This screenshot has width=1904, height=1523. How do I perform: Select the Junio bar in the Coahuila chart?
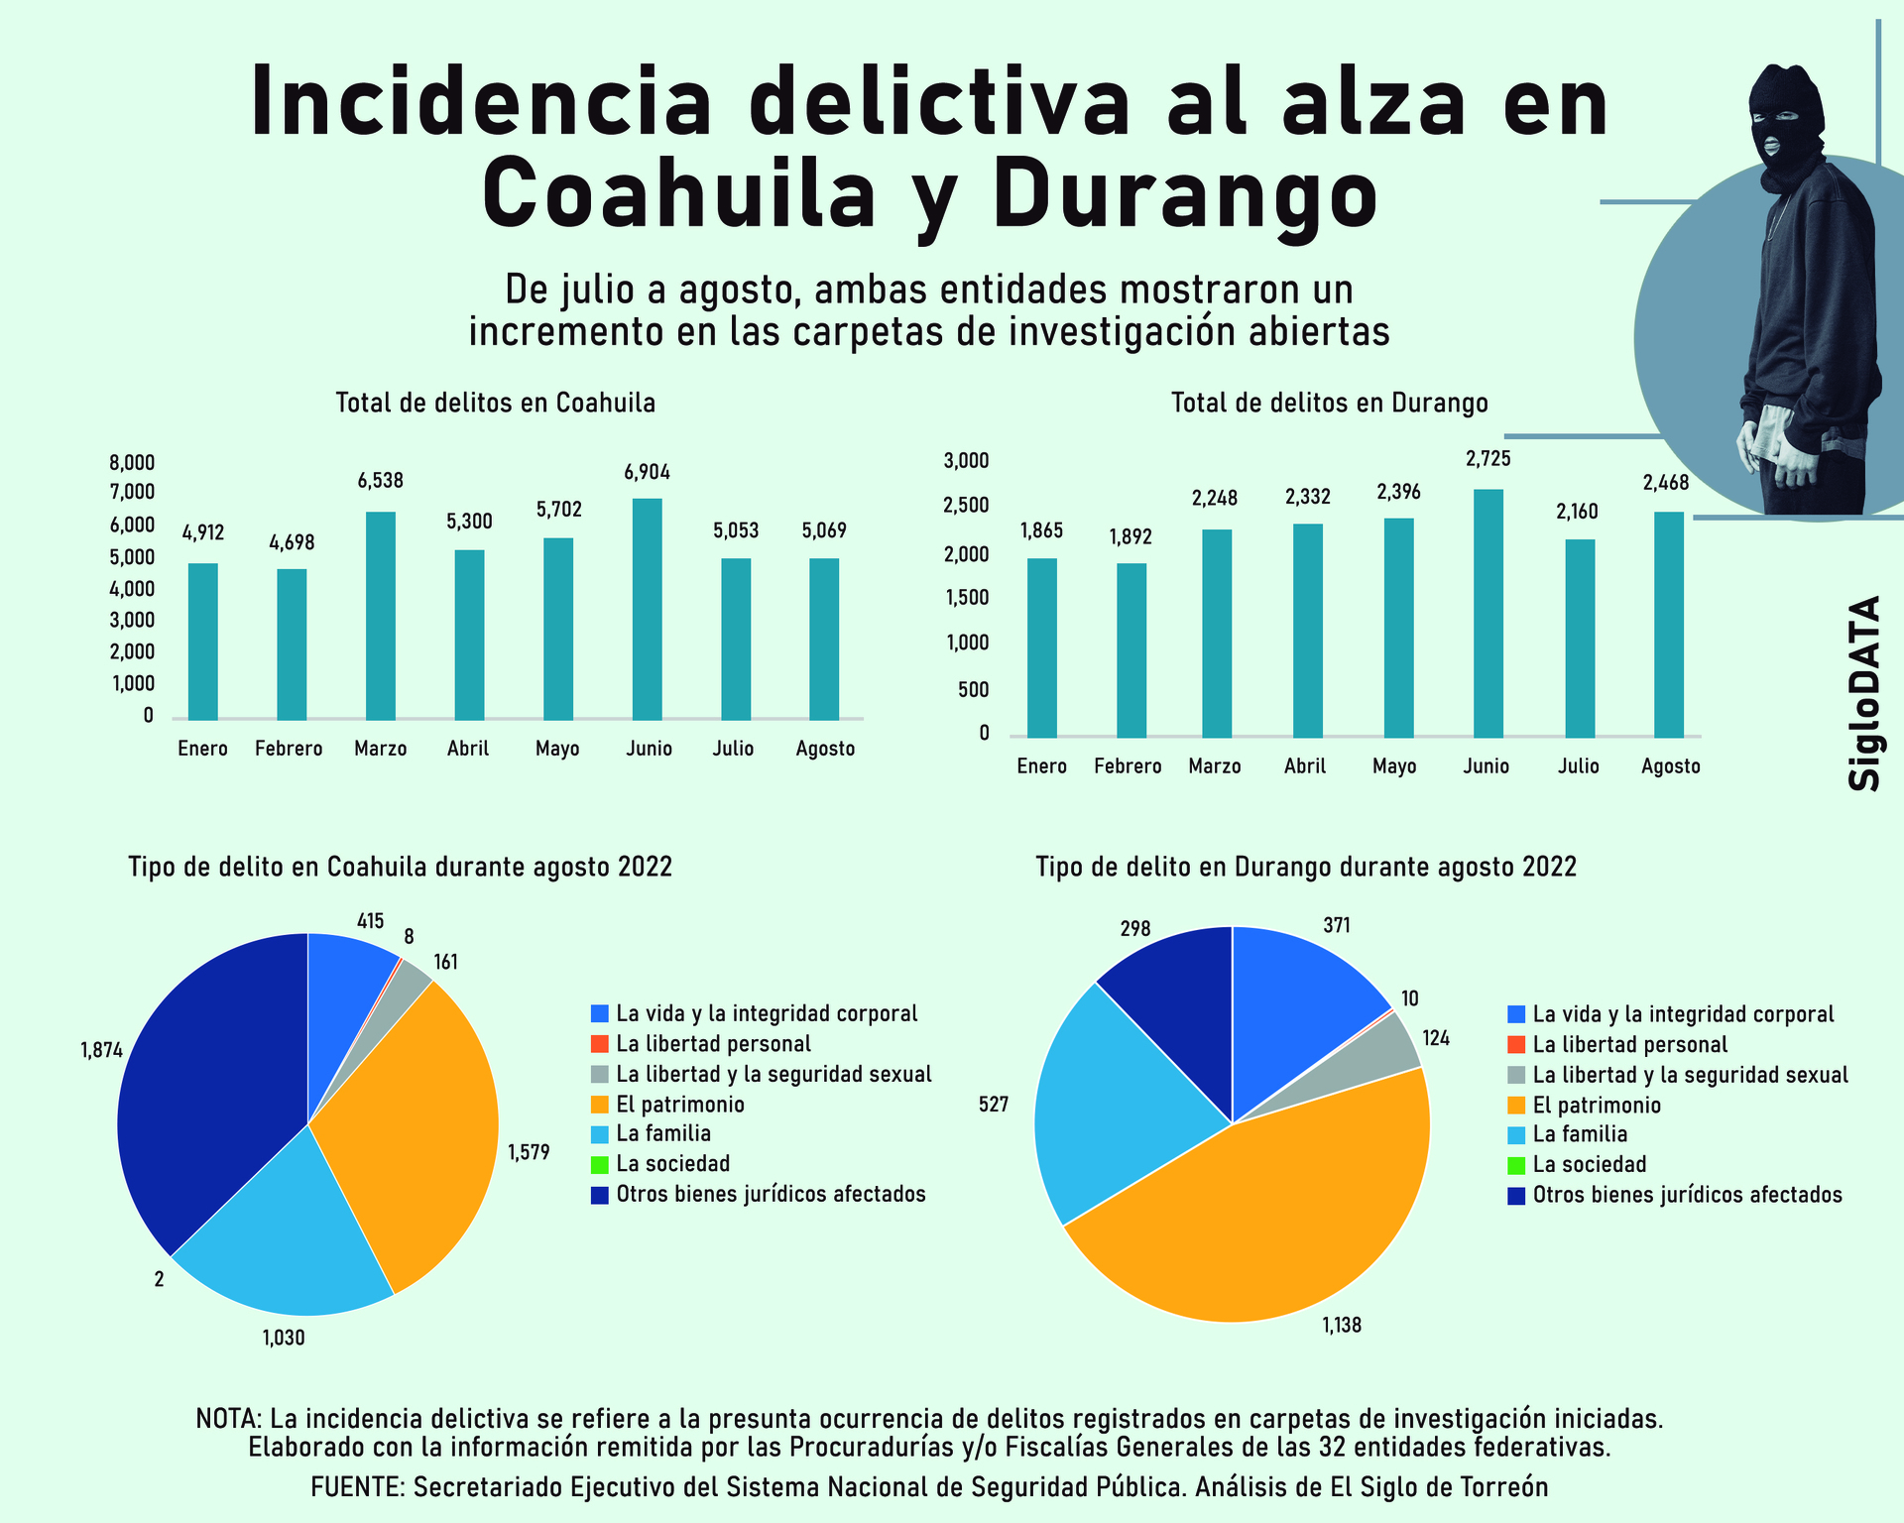coord(647,609)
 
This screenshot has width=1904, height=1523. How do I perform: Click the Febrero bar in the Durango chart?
coord(1131,649)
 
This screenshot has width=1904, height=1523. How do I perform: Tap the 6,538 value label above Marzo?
coord(381,481)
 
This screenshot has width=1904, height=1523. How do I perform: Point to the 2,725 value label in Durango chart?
coord(1488,459)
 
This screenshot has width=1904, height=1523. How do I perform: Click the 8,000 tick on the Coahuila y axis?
coord(132,462)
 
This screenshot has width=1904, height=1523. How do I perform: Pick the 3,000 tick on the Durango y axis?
coord(966,460)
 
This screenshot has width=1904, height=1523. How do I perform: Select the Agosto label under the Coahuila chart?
coord(825,749)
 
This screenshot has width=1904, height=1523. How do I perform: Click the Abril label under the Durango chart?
coord(1305,766)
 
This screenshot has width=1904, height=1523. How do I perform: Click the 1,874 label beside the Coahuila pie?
coord(101,1051)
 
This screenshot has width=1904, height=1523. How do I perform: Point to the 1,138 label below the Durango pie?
coord(1342,1325)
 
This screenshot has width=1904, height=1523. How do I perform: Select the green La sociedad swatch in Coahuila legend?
coord(599,1164)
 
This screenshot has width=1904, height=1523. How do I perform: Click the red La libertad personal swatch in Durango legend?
coord(1516,1045)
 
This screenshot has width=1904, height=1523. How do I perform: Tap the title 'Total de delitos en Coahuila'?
coord(495,404)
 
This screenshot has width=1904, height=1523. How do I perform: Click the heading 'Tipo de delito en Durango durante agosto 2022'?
coord(1306,868)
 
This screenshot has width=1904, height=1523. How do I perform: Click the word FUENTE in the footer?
coord(356,1487)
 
